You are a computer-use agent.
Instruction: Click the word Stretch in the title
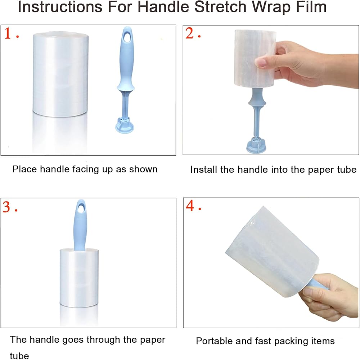pos(220,7)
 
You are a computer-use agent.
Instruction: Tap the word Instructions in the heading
pos(60,7)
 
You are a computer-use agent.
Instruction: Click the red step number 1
pos(8,33)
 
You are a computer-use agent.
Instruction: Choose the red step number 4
pos(190,206)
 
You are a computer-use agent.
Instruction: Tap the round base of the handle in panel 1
pos(125,125)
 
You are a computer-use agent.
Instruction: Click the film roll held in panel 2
pos(255,59)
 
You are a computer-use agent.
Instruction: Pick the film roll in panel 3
pos(79,278)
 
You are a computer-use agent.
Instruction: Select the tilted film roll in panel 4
pos(272,252)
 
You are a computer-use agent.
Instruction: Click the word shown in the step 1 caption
pos(143,170)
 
